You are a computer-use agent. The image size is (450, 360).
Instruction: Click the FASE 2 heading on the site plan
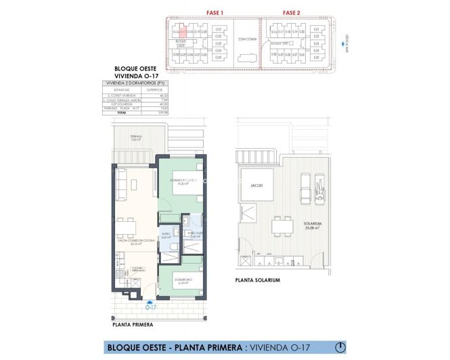pyautogui.click(x=292, y=12)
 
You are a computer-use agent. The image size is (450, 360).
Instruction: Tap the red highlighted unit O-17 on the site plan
pyautogui.click(x=183, y=31)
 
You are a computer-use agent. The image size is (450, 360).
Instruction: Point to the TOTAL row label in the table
pyautogui.click(x=122, y=112)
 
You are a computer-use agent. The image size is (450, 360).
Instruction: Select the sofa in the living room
pyautogui.click(x=121, y=185)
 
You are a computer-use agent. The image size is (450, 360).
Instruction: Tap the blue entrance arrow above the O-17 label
pyautogui.click(x=150, y=300)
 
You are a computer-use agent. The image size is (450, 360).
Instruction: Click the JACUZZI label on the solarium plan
pyautogui.click(x=256, y=185)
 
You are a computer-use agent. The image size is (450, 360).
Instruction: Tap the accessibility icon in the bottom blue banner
pyautogui.click(x=342, y=348)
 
